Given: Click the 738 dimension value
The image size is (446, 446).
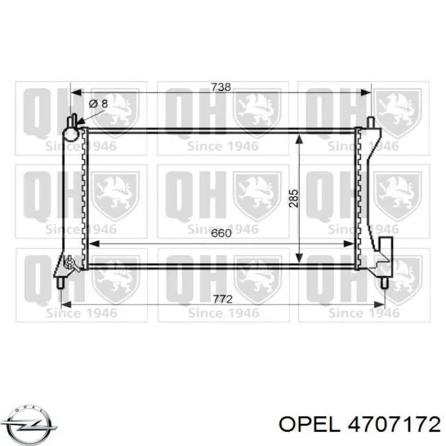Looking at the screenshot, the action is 221,87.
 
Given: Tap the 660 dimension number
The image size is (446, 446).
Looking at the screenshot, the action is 221,233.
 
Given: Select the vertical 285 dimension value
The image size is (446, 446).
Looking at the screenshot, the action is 294,198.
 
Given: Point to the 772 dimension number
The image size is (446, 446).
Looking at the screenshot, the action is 223,299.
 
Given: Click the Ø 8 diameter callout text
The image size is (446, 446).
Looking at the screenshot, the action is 98,103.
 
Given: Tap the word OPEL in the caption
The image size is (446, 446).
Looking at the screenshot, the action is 309,425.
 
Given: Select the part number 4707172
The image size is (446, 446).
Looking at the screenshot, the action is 394,425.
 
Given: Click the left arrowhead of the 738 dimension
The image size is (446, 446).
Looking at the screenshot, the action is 76,92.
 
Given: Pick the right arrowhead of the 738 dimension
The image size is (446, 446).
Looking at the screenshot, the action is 366,92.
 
